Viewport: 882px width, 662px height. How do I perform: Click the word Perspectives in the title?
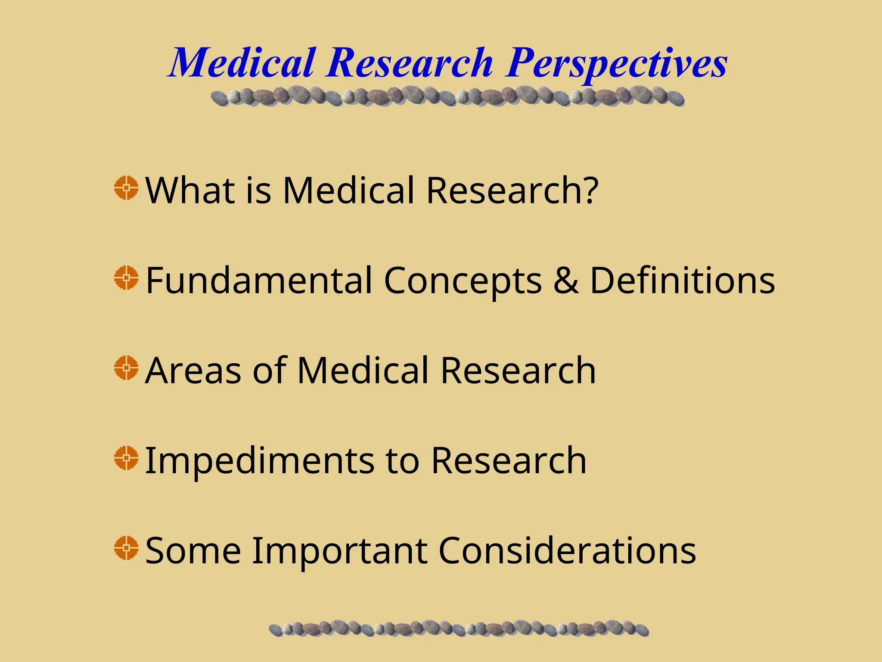616,64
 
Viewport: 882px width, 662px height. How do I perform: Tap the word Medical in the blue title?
242,64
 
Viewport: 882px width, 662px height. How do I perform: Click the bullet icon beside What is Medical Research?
126,188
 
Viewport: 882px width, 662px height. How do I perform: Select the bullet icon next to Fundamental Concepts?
126,278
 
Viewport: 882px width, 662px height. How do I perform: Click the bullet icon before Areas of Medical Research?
126,368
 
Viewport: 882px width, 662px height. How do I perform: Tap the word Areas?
193,371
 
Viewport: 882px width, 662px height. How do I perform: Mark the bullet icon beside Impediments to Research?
126,458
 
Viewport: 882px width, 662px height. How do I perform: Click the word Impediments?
260,461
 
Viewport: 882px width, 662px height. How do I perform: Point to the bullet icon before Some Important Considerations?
126,548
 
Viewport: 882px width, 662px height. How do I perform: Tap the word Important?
339,552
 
